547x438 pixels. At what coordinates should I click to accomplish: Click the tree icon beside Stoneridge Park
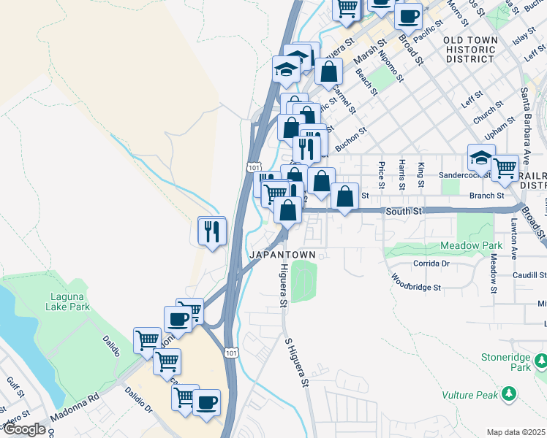point(541,361)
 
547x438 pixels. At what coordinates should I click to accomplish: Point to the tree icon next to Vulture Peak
point(509,395)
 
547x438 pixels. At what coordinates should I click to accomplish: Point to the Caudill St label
point(529,275)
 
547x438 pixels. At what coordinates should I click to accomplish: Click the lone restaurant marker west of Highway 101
point(212,231)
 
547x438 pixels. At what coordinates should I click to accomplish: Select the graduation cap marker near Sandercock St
point(481,158)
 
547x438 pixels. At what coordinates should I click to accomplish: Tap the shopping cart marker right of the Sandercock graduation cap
point(505,169)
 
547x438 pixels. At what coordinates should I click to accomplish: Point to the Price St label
point(382,176)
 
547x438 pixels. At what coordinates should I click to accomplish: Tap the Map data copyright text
point(516,432)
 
